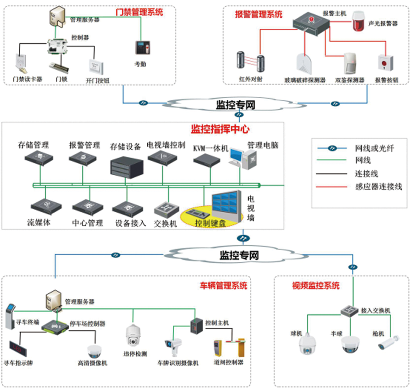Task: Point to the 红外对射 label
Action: coord(250,80)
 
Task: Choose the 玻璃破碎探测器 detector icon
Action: coord(305,63)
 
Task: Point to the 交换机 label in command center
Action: coord(166,224)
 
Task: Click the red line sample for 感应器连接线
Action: coord(332,187)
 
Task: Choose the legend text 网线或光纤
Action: coord(375,149)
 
